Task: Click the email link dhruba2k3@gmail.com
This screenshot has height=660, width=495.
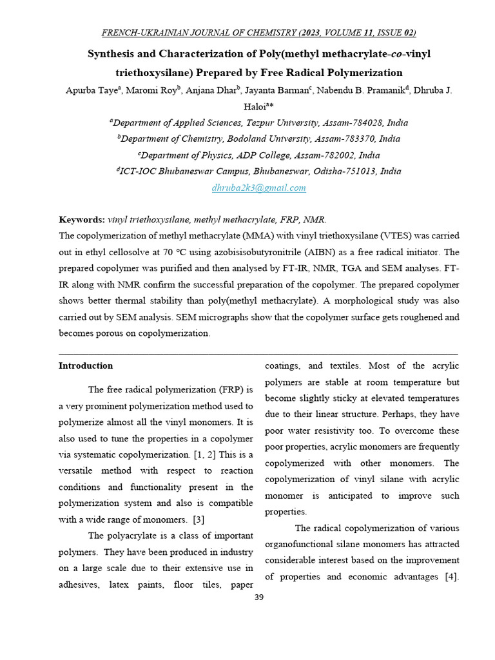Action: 258,188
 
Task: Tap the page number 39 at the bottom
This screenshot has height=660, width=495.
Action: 258,597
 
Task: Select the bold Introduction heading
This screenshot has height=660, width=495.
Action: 86,365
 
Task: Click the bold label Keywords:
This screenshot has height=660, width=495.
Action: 82,220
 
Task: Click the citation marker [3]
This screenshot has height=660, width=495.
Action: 198,520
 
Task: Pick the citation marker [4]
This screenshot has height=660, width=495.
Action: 451,576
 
